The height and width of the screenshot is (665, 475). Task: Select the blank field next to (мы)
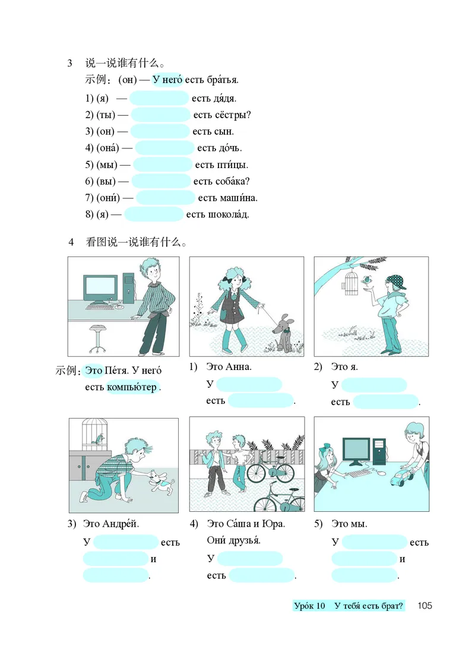click(163, 164)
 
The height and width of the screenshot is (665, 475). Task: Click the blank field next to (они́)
click(166, 198)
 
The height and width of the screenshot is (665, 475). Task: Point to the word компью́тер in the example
click(132, 387)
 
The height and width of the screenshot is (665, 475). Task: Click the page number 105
click(425, 606)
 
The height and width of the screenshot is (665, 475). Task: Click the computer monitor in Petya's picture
click(99, 289)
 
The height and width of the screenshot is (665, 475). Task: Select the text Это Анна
click(229, 366)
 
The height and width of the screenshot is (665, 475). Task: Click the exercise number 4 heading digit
click(71, 242)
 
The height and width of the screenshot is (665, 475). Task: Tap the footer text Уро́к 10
click(310, 606)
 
